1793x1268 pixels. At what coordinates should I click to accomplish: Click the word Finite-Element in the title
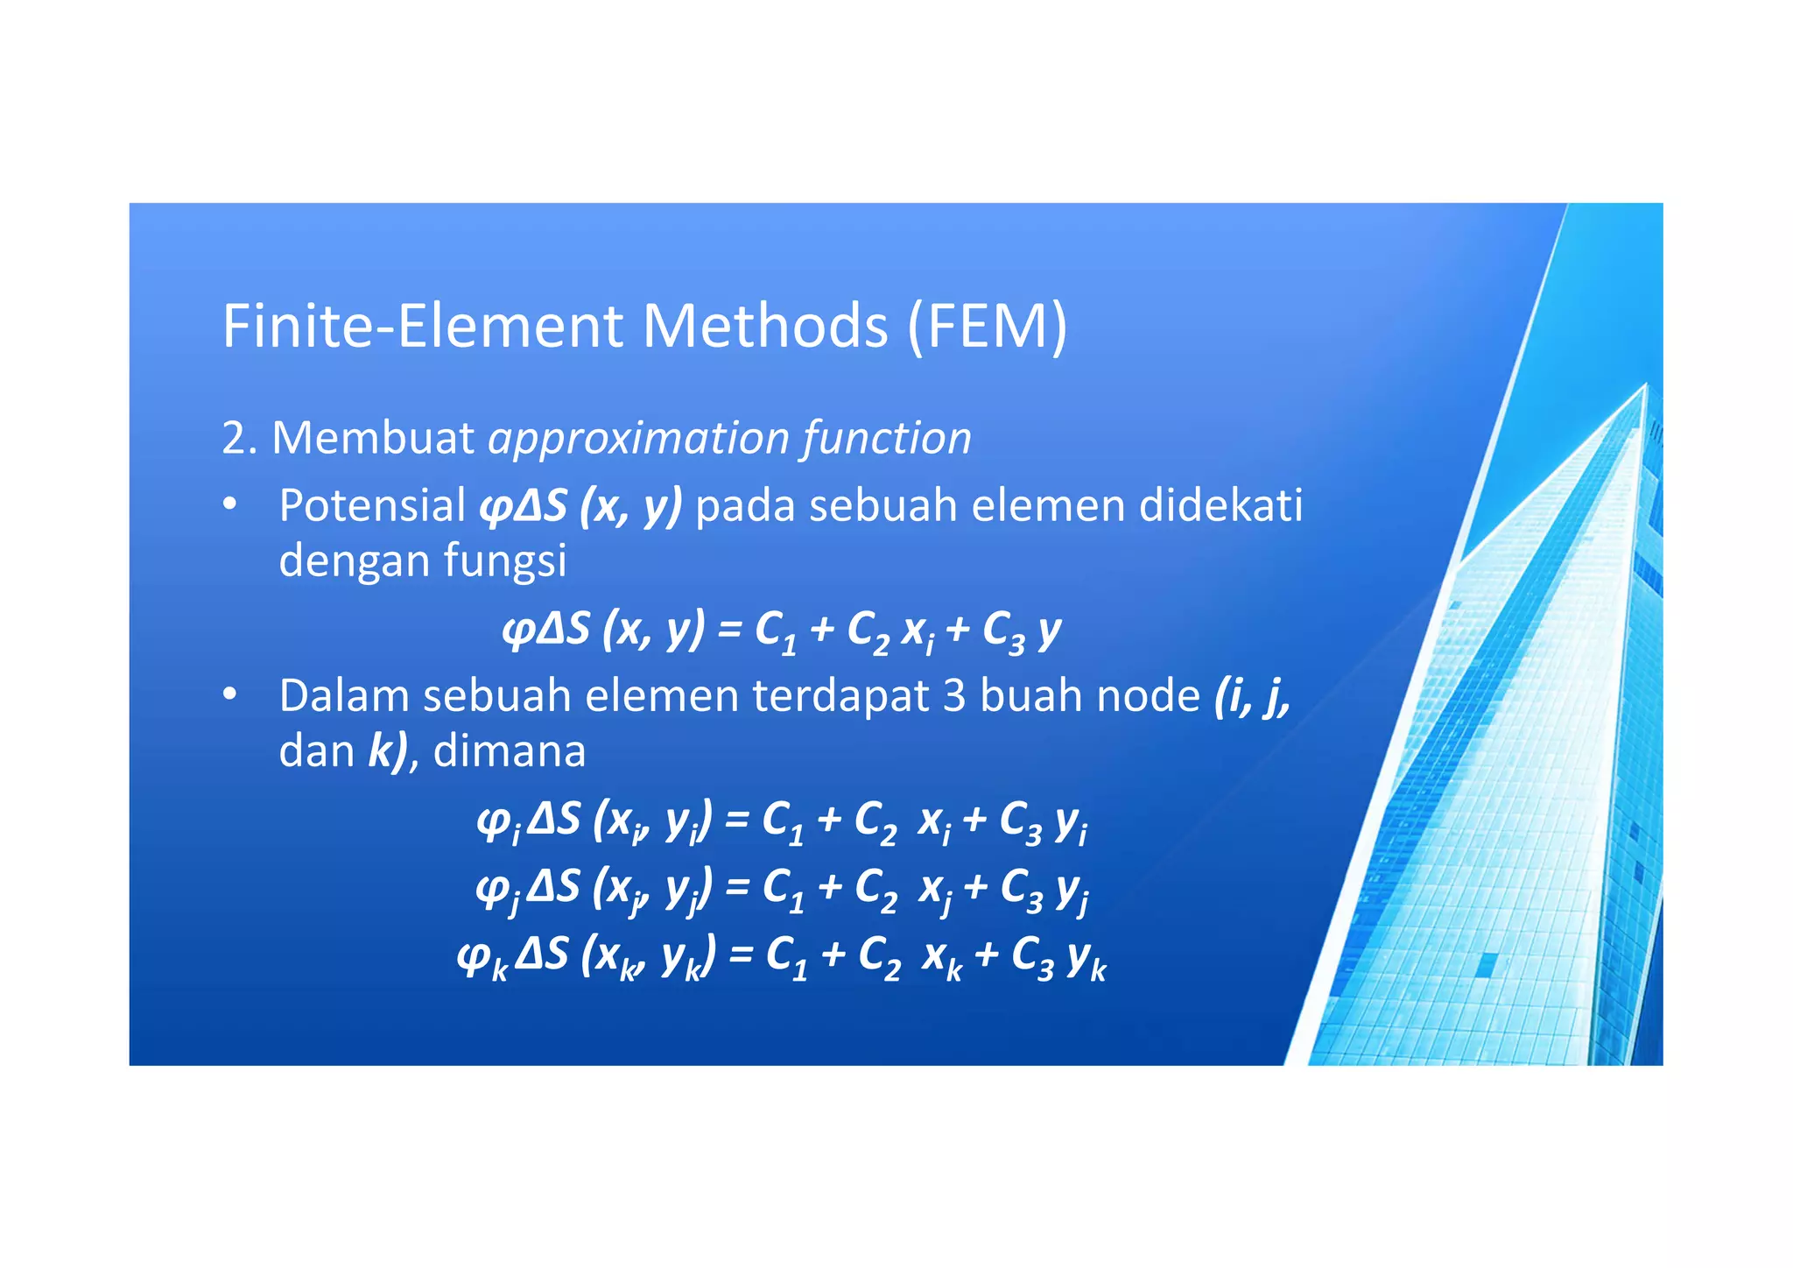pyautogui.click(x=423, y=326)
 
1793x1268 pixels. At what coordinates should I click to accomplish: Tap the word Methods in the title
pyautogui.click(x=764, y=326)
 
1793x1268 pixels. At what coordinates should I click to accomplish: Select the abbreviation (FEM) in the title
pyautogui.click(x=987, y=326)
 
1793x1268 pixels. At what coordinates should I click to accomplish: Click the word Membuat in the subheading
pyautogui.click(x=373, y=438)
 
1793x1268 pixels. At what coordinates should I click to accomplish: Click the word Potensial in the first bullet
pyautogui.click(x=372, y=506)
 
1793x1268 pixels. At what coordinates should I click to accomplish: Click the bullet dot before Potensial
pyautogui.click(x=229, y=505)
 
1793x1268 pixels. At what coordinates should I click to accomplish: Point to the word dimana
pyautogui.click(x=510, y=751)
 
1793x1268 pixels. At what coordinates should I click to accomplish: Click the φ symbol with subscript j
pyautogui.click(x=492, y=890)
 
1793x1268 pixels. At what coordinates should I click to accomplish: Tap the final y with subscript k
pyautogui.click(x=1086, y=960)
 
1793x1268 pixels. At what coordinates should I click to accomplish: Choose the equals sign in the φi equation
pyautogui.click(x=737, y=821)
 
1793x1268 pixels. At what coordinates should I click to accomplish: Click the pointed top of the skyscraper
pyautogui.click(x=1646, y=385)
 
